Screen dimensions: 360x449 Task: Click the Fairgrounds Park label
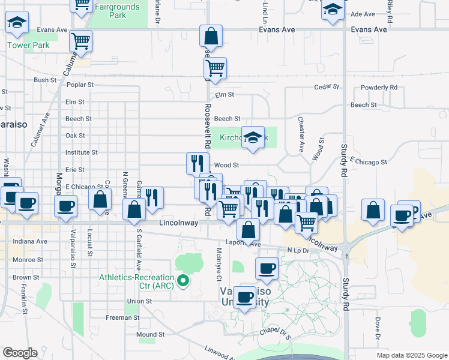[x=118, y=11]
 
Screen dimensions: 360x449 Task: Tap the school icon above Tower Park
[x=17, y=23]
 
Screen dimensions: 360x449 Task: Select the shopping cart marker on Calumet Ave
[x=80, y=41]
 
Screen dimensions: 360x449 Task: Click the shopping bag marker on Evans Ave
[x=211, y=36]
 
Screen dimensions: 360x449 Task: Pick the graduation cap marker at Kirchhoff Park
[x=253, y=137]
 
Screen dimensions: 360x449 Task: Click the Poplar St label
[x=80, y=85]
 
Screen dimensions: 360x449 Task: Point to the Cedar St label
[x=327, y=87]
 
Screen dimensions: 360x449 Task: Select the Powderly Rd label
[x=381, y=87]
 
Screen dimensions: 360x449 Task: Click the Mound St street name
[x=150, y=334]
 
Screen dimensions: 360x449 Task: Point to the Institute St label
[x=81, y=153]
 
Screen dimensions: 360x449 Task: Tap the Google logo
[x=20, y=353]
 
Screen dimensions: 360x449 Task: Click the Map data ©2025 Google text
[x=411, y=355]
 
